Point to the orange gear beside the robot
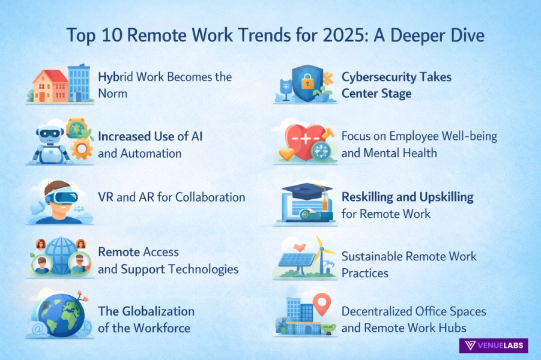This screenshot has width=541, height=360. (81, 149)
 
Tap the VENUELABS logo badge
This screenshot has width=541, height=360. (494, 345)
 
